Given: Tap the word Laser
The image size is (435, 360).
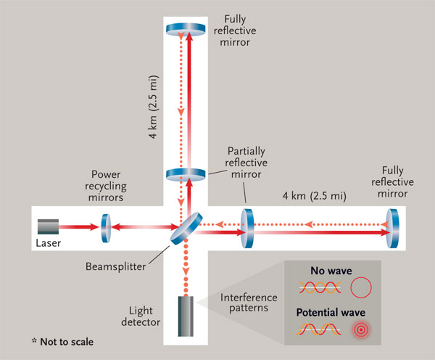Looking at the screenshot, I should (49, 241).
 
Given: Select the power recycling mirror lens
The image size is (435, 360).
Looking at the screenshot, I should (105, 225).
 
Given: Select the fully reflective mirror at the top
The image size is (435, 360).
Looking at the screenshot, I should (187, 29).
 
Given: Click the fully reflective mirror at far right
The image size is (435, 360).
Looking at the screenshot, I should (394, 226).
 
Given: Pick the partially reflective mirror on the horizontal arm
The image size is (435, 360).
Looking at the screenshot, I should (246, 227).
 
